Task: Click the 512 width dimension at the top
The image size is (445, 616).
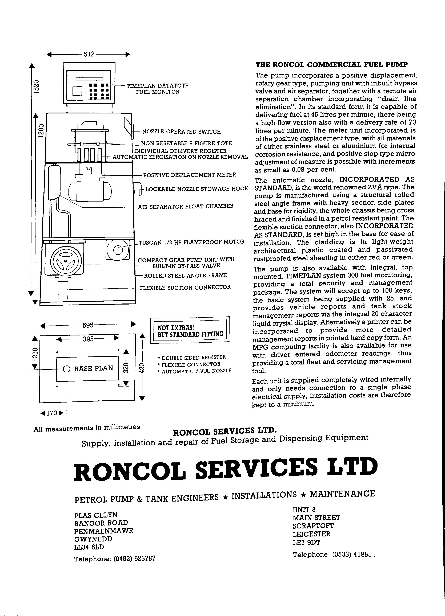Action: [x=89, y=54]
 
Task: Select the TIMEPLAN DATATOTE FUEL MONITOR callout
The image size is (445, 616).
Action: [x=157, y=89]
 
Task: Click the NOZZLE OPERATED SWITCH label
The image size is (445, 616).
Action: [x=181, y=132]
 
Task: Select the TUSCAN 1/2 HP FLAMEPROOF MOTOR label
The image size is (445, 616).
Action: [x=191, y=242]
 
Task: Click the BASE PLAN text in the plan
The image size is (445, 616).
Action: [x=94, y=368]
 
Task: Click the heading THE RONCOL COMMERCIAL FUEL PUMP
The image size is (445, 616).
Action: [x=332, y=65]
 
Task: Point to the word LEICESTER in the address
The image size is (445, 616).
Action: [x=311, y=534]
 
